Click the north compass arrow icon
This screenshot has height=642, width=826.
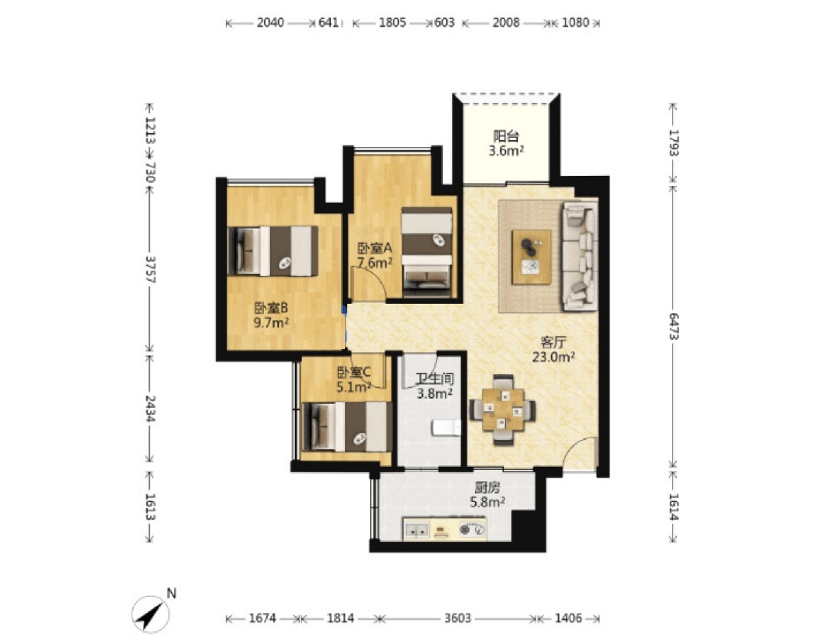point(151,614)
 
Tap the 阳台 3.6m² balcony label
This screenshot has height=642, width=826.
point(506,143)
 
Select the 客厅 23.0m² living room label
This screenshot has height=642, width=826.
point(553,350)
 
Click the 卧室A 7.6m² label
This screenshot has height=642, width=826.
point(375,255)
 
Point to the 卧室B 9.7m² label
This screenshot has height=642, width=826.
point(271,315)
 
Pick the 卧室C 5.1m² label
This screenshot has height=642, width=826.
point(354,380)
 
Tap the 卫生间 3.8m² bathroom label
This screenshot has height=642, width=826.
point(434,386)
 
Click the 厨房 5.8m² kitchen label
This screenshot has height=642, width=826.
point(487,495)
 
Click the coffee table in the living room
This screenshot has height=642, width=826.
point(532,256)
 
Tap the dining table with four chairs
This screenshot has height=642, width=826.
point(502,410)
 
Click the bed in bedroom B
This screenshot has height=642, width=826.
point(273,251)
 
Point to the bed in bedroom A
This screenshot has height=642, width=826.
point(427,253)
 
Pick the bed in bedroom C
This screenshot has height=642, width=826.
point(348,426)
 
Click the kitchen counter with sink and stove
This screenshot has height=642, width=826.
point(444,529)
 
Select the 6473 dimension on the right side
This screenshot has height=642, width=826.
point(673,326)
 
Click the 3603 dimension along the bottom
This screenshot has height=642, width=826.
point(457,618)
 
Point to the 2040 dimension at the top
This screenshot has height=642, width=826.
point(270,23)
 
